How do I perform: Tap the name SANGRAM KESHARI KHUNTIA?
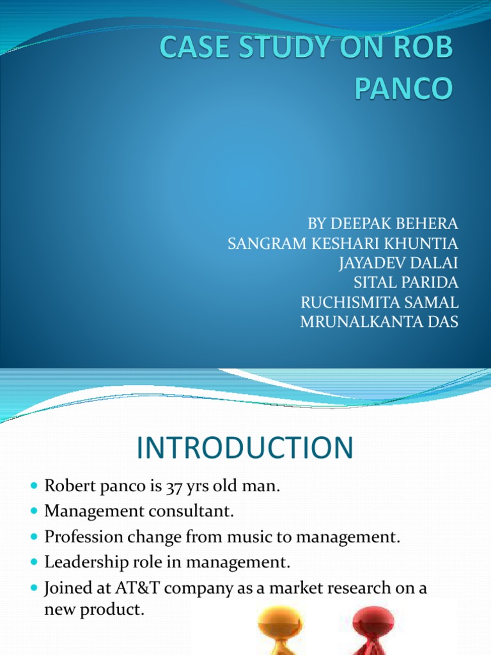pos(343,243)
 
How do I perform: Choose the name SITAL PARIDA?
pos(406,283)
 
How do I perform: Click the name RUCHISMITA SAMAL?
pos(379,303)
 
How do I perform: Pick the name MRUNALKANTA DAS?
pos(379,322)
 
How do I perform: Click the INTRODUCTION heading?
pos(244,448)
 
